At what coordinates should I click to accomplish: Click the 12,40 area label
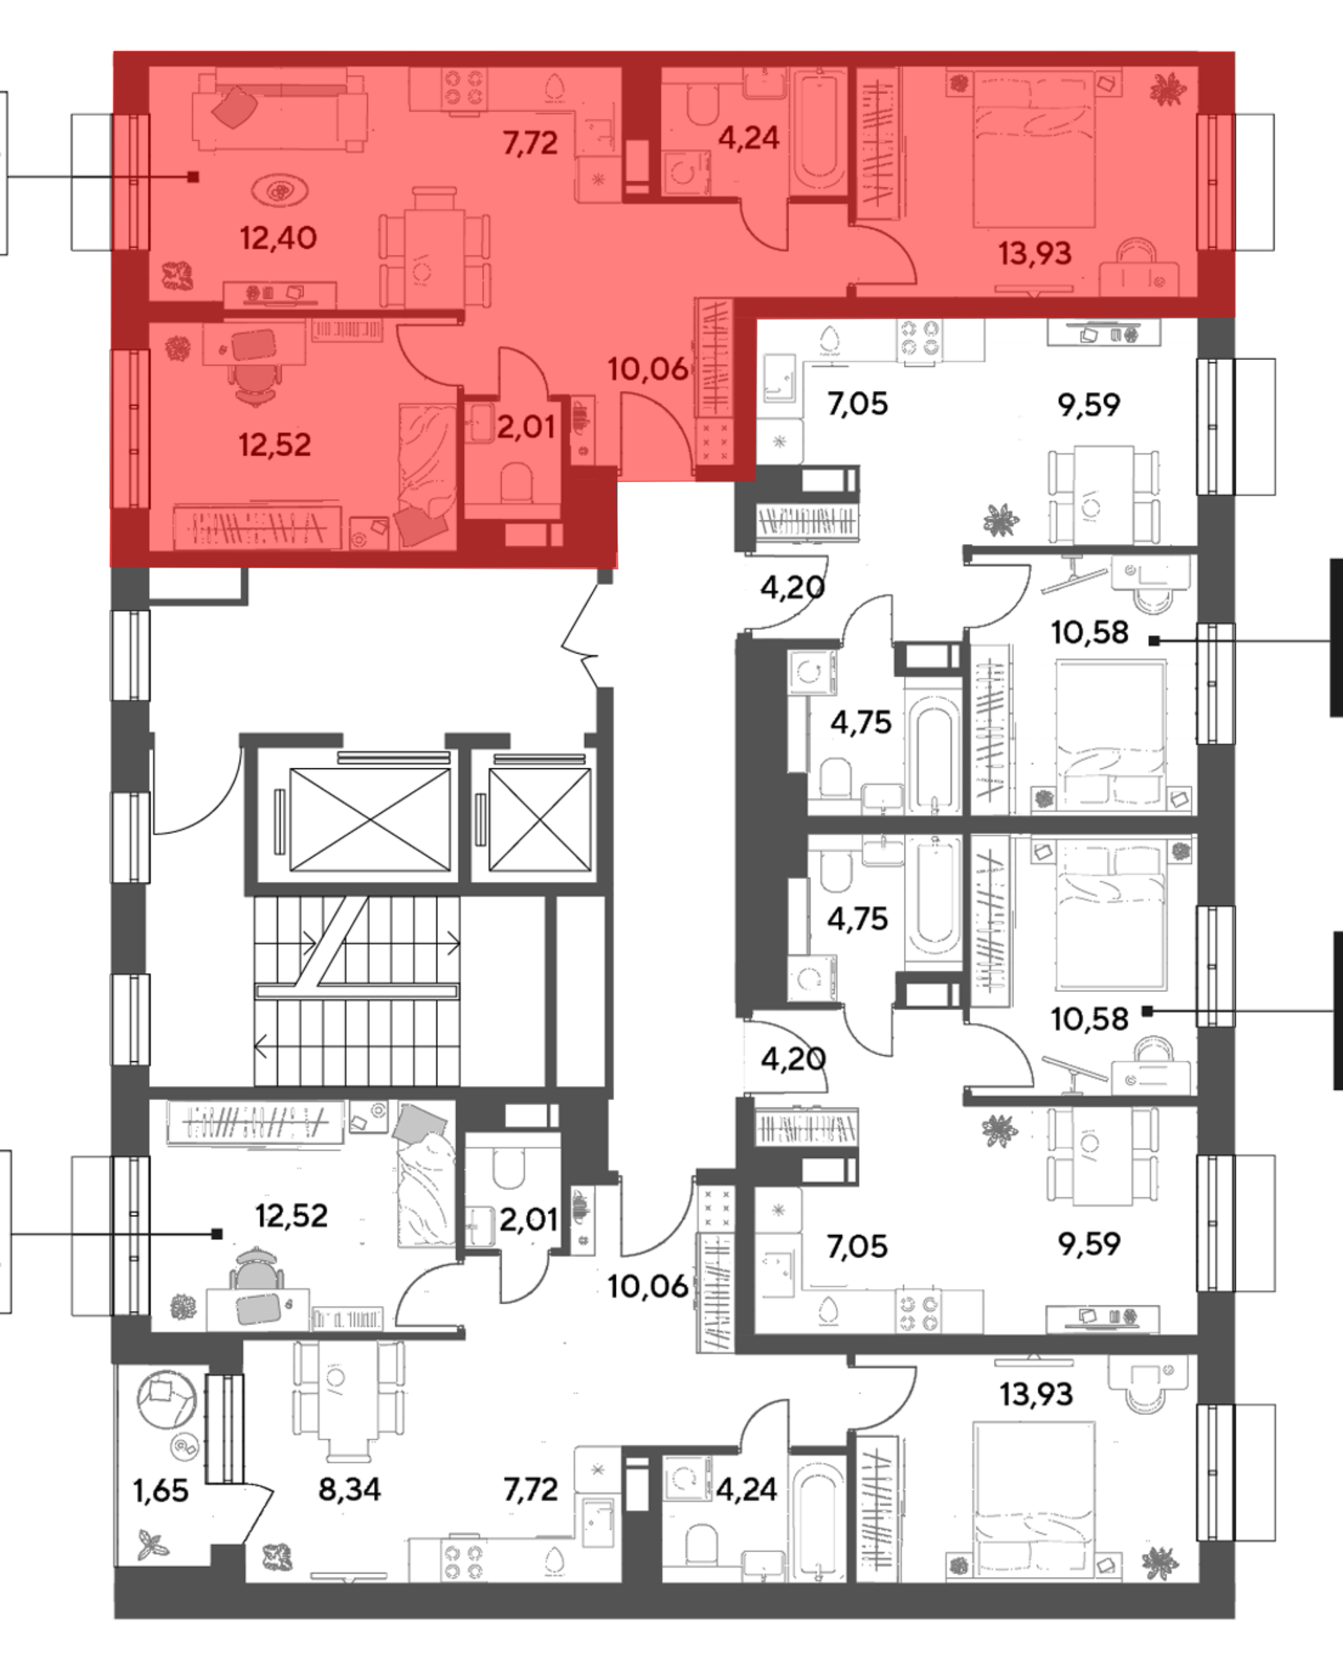tap(278, 238)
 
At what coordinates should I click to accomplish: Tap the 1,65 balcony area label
tap(160, 1490)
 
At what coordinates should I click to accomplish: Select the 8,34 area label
tap(349, 1489)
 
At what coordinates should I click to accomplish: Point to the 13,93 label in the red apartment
tap(1035, 253)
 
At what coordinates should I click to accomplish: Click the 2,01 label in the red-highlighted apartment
tap(526, 427)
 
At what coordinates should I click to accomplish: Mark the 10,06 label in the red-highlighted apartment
tap(648, 369)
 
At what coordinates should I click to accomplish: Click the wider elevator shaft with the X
tap(369, 819)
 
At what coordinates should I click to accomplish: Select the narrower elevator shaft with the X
tap(539, 819)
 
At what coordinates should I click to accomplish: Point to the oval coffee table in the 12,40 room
tap(279, 191)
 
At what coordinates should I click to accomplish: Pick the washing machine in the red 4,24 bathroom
tap(685, 172)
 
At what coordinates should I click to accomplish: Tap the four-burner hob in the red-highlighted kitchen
tap(464, 87)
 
